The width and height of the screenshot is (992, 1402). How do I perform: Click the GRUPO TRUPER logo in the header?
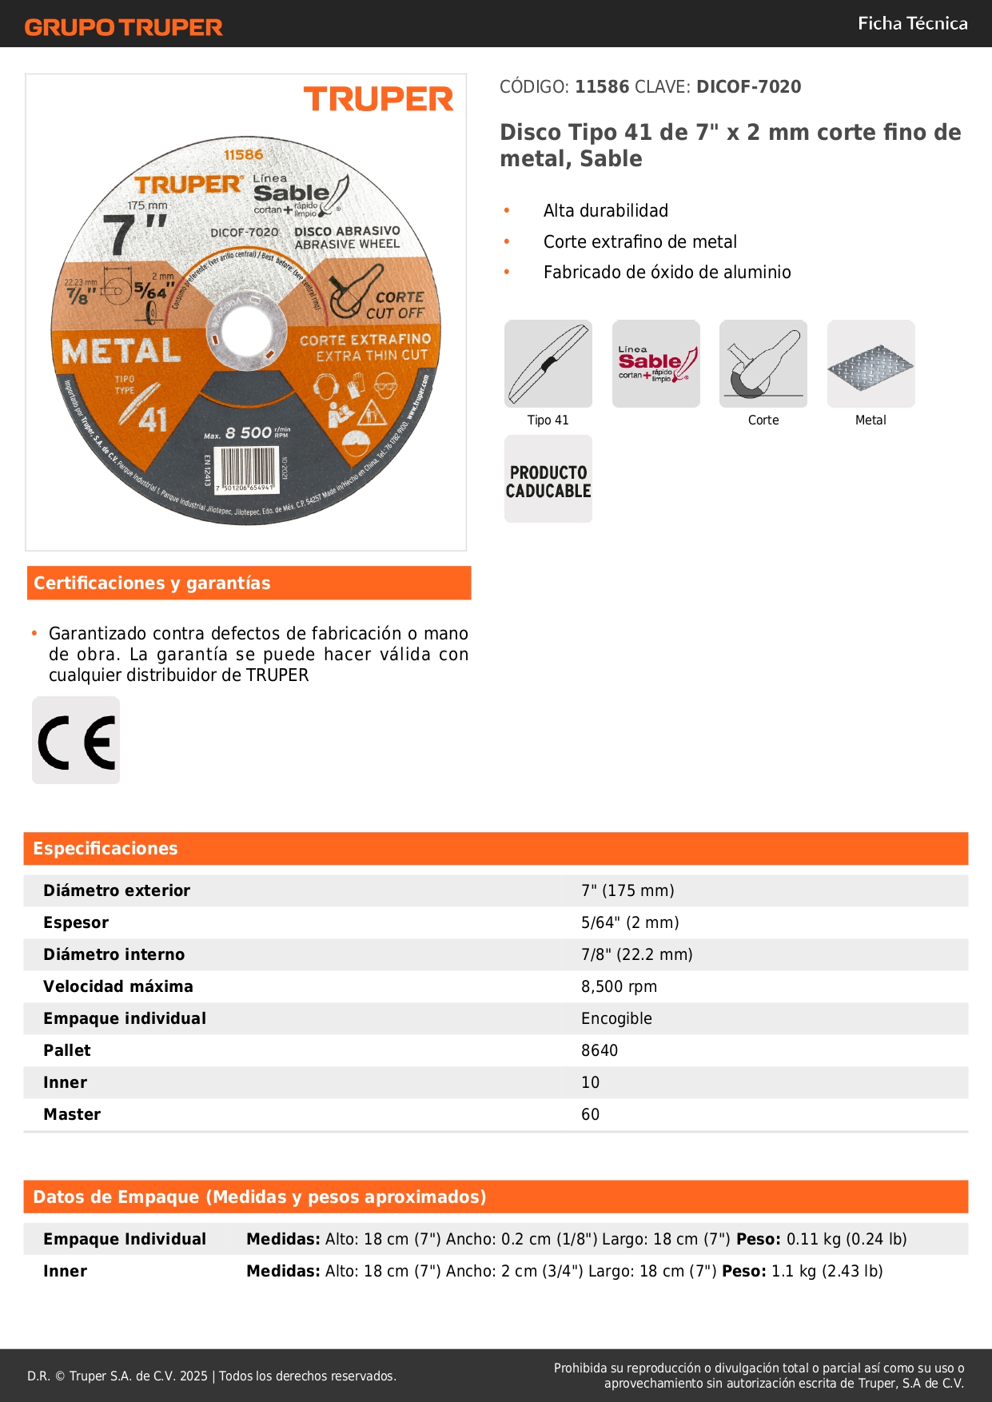tap(123, 27)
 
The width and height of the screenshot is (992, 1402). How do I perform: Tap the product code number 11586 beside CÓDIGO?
tap(602, 86)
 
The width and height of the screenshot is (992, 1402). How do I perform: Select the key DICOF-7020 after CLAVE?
tap(748, 86)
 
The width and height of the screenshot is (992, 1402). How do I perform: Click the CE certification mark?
tap(76, 741)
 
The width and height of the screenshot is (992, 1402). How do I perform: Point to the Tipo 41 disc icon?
tap(548, 364)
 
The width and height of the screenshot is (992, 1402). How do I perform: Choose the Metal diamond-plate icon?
tap(870, 364)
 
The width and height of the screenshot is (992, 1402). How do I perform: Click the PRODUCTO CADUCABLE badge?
tap(548, 480)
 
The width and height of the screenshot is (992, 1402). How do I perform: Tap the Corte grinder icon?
tap(763, 364)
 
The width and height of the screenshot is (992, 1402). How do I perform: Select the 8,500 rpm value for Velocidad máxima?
tap(619, 986)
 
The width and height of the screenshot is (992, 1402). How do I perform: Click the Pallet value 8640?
tap(600, 1050)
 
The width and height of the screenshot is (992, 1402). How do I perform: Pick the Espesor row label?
tap(76, 922)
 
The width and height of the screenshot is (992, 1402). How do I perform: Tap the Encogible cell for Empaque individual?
tap(616, 1018)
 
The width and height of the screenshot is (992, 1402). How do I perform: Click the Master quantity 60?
tap(590, 1114)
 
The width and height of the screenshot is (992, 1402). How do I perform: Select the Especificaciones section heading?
tap(106, 848)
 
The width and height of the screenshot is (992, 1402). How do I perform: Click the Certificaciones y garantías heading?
tap(152, 583)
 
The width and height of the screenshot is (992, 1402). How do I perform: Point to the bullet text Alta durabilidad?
tap(606, 211)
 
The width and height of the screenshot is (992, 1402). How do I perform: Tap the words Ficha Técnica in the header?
tap(912, 24)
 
